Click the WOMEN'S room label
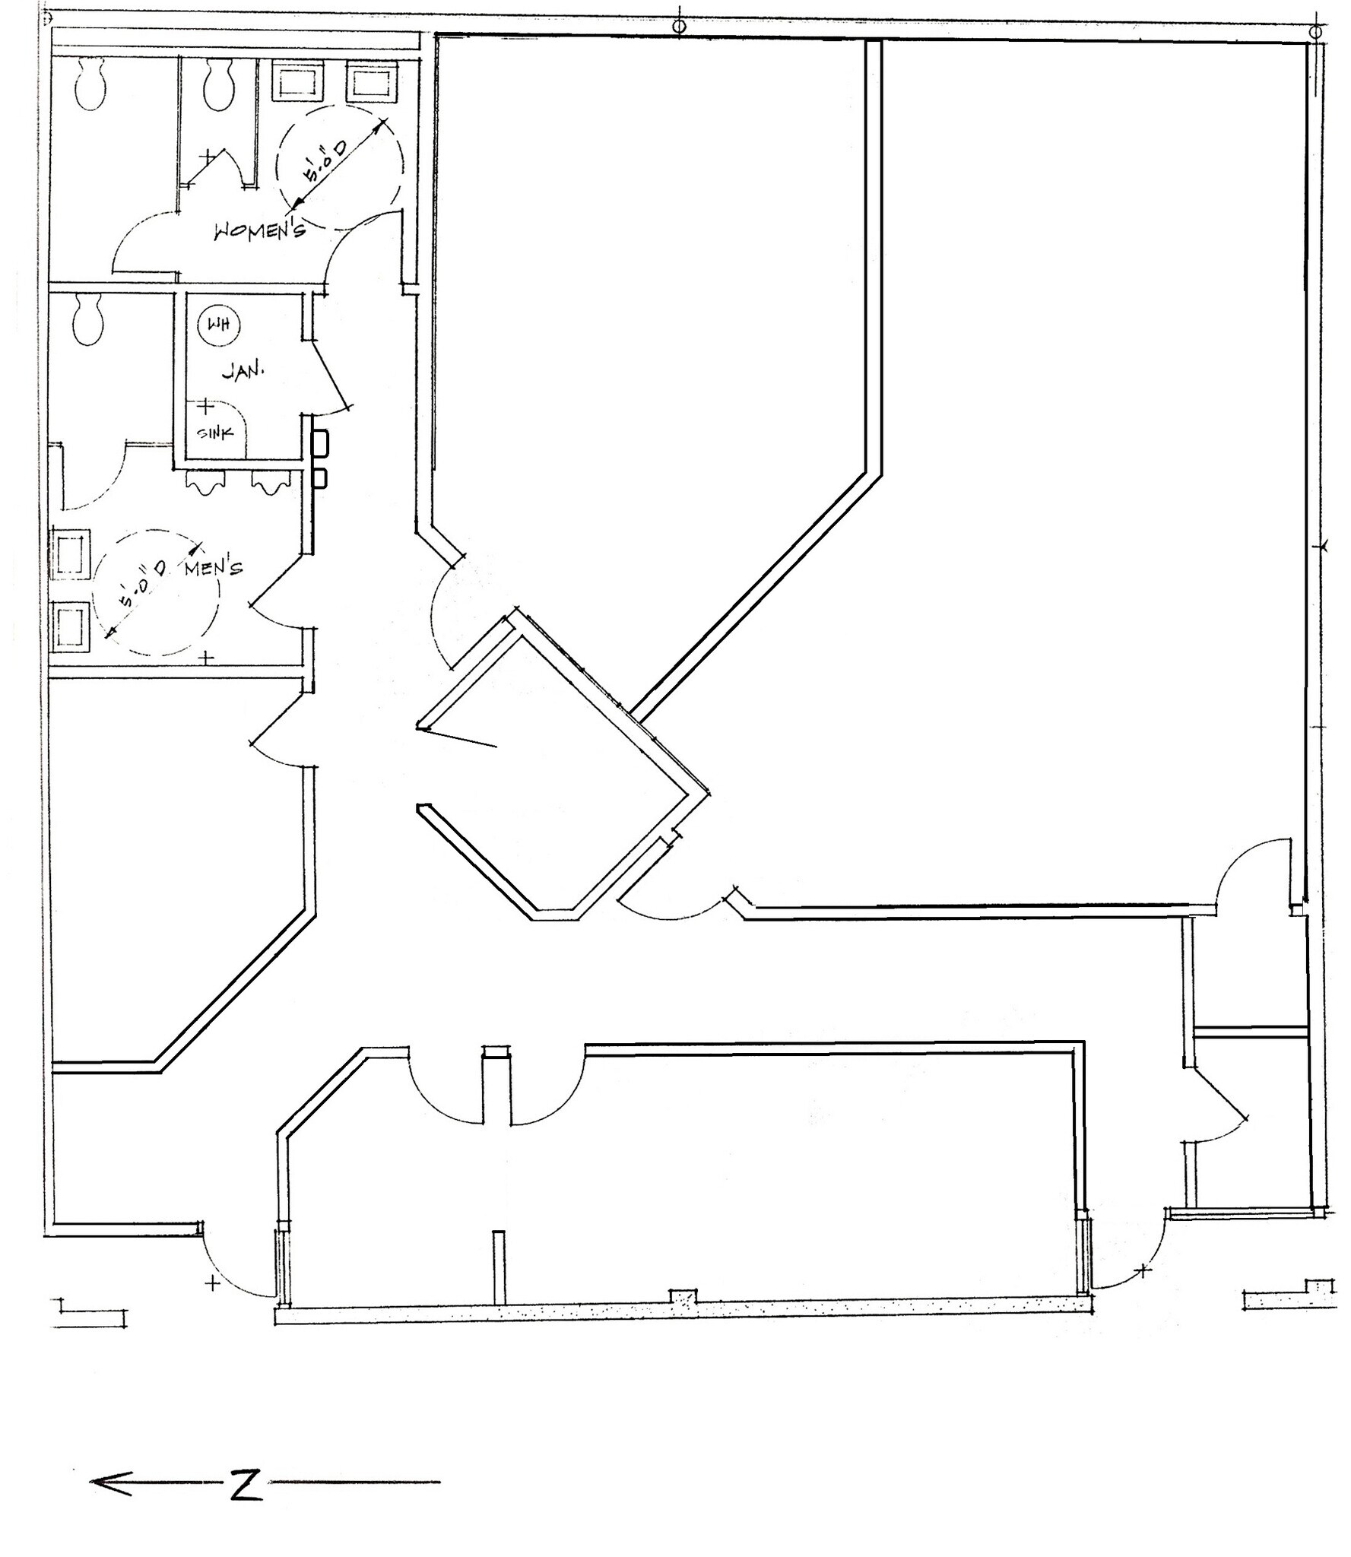click(259, 229)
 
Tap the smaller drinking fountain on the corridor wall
click(320, 478)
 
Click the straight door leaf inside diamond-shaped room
click(458, 737)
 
